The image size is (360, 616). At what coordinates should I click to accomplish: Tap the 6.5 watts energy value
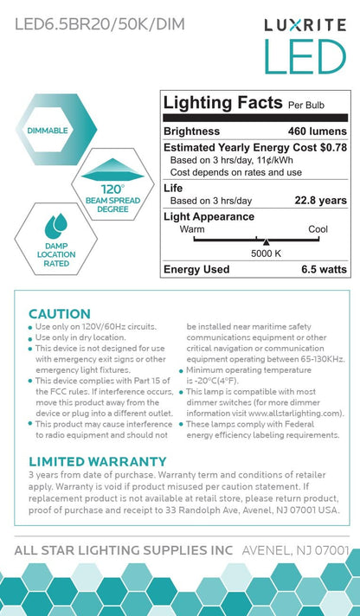tap(316, 269)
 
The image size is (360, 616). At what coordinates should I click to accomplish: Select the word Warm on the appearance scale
tap(192, 229)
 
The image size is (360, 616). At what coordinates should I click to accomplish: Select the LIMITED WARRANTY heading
tap(97, 461)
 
